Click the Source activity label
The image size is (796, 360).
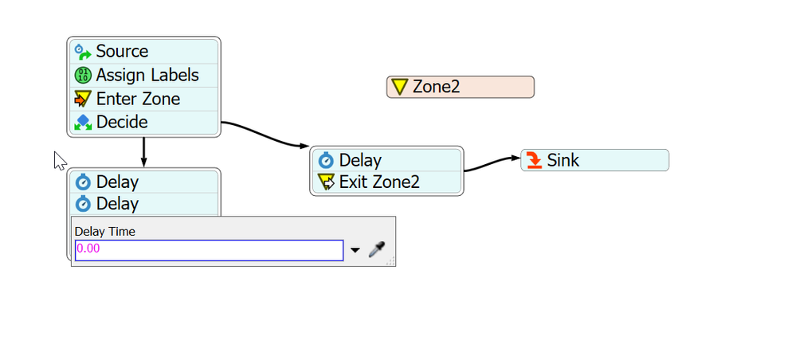(122, 51)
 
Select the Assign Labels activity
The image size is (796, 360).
(143, 75)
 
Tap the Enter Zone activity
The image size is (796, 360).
(143, 99)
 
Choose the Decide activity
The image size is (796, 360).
(143, 123)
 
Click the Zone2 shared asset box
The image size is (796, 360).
(461, 87)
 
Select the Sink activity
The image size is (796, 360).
(595, 160)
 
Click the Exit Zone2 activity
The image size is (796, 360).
(386, 182)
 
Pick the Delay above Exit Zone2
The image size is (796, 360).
(386, 160)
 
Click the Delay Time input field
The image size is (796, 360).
(209, 250)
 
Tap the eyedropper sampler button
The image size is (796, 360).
(377, 249)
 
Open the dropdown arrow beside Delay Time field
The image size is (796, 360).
(355, 250)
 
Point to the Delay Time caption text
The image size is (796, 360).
(105, 232)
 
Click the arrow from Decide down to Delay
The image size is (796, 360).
(143, 152)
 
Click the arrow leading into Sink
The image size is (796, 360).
(492, 163)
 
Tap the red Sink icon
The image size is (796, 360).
(534, 160)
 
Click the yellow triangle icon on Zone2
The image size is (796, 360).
(400, 87)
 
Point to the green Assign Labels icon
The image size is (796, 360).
(83, 76)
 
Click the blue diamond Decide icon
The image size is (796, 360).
(83, 123)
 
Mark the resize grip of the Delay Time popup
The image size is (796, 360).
(391, 261)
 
